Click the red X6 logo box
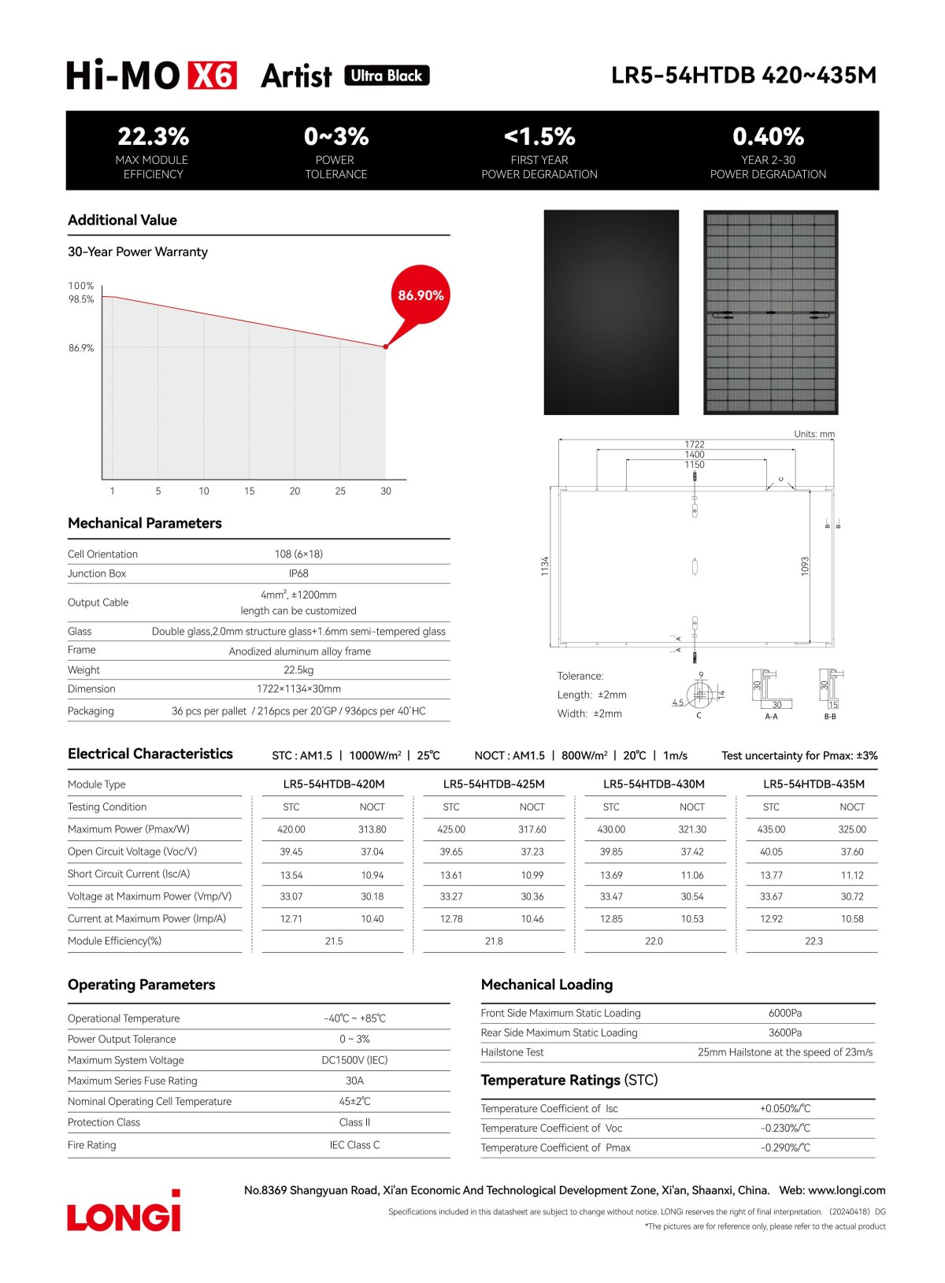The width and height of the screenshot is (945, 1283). click(x=212, y=76)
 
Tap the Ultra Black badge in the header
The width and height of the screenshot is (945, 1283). click(x=387, y=76)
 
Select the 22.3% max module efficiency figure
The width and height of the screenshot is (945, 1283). click(x=153, y=136)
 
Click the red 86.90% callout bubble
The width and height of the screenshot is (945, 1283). click(x=421, y=295)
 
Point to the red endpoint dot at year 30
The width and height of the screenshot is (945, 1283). click(x=386, y=347)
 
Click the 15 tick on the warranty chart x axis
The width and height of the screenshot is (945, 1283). click(x=250, y=491)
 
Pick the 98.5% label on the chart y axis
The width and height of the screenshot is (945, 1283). click(x=81, y=299)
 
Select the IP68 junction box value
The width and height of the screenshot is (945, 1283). click(x=298, y=573)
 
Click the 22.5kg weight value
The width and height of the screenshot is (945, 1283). click(x=298, y=670)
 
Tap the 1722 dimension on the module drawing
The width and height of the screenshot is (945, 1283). click(x=695, y=444)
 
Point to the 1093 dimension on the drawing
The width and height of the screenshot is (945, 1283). click(x=805, y=565)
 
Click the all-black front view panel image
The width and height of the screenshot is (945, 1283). click(x=611, y=312)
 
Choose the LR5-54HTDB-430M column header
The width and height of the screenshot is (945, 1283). click(x=654, y=784)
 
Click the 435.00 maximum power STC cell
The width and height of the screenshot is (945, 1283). click(x=771, y=829)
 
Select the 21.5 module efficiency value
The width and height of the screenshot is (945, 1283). click(x=334, y=941)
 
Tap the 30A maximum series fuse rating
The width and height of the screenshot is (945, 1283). click(x=354, y=1081)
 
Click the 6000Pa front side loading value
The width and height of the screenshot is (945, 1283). click(x=785, y=1013)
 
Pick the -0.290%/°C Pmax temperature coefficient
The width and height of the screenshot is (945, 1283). click(x=785, y=1148)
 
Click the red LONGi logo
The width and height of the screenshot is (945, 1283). click(x=124, y=1212)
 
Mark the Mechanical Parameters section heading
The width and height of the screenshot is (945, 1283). click(x=145, y=523)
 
